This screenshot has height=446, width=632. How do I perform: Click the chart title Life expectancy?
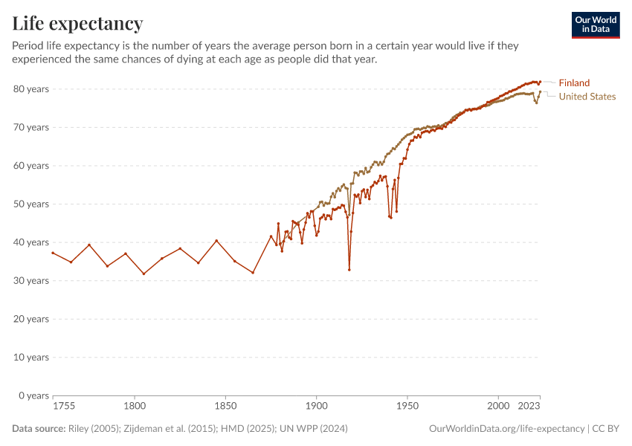(77, 23)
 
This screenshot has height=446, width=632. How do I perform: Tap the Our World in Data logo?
(595, 25)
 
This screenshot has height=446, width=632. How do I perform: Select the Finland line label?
(574, 83)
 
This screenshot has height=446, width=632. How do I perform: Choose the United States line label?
(587, 97)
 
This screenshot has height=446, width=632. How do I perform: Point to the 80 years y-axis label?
(31, 89)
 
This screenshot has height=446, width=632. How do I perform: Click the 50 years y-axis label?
(31, 204)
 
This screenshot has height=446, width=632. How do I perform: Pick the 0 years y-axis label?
(33, 395)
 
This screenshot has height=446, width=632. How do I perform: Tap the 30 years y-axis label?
(31, 281)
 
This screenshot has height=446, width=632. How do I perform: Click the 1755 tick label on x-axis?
(64, 407)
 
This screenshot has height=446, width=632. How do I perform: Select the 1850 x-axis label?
(225, 407)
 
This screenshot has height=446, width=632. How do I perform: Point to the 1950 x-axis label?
(407, 407)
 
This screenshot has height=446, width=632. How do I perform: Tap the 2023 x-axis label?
(528, 407)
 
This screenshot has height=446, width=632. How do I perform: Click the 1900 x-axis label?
(317, 407)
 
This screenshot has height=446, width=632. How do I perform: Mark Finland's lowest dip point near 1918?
(349, 270)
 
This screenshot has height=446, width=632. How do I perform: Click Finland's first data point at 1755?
(53, 253)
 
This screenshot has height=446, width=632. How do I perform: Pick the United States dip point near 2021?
(536, 103)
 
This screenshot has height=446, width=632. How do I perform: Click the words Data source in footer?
(37, 429)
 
